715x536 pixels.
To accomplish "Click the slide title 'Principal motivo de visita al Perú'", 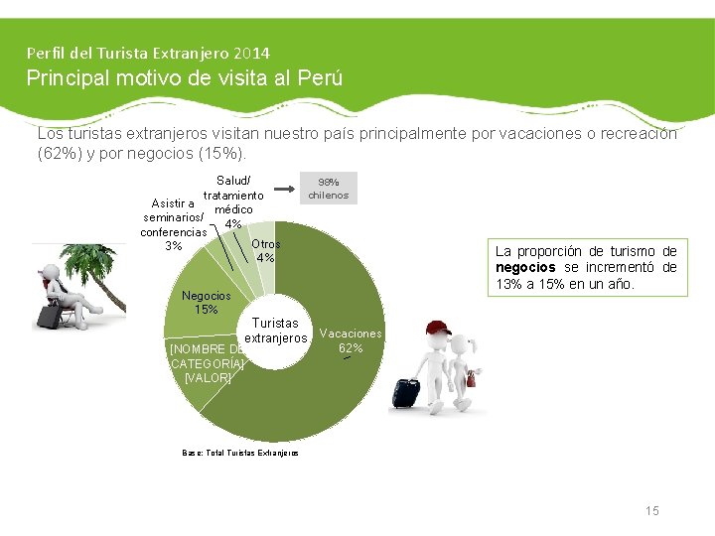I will click(184, 77).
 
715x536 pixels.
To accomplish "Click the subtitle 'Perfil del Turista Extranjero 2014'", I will click(148, 53).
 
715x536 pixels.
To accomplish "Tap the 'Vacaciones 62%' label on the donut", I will click(350, 340).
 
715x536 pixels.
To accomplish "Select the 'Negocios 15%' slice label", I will click(206, 303).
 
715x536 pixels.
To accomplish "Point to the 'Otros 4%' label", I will click(266, 251).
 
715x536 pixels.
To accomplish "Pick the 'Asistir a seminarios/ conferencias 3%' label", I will click(174, 225).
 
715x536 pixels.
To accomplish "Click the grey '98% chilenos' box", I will click(328, 189).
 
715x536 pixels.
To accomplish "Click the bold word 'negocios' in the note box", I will click(526, 268).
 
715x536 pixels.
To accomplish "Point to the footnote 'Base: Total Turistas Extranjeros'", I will click(240, 453).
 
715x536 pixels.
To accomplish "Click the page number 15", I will click(651, 510).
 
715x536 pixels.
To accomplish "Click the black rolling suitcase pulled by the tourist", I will click(405, 392).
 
